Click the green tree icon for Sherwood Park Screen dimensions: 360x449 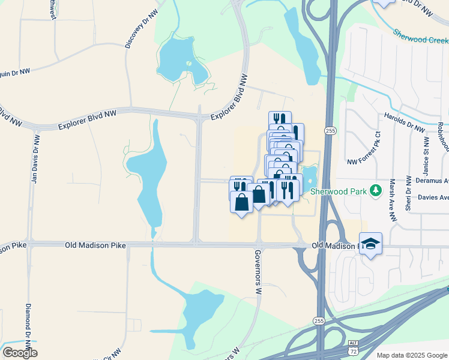(376, 190)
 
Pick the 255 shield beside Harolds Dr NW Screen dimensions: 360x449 (330, 130)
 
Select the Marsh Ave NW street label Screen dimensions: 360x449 (393, 201)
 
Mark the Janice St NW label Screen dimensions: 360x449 (426, 154)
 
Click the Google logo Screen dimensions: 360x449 (20, 352)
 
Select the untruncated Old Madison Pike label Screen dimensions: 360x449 (86, 245)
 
